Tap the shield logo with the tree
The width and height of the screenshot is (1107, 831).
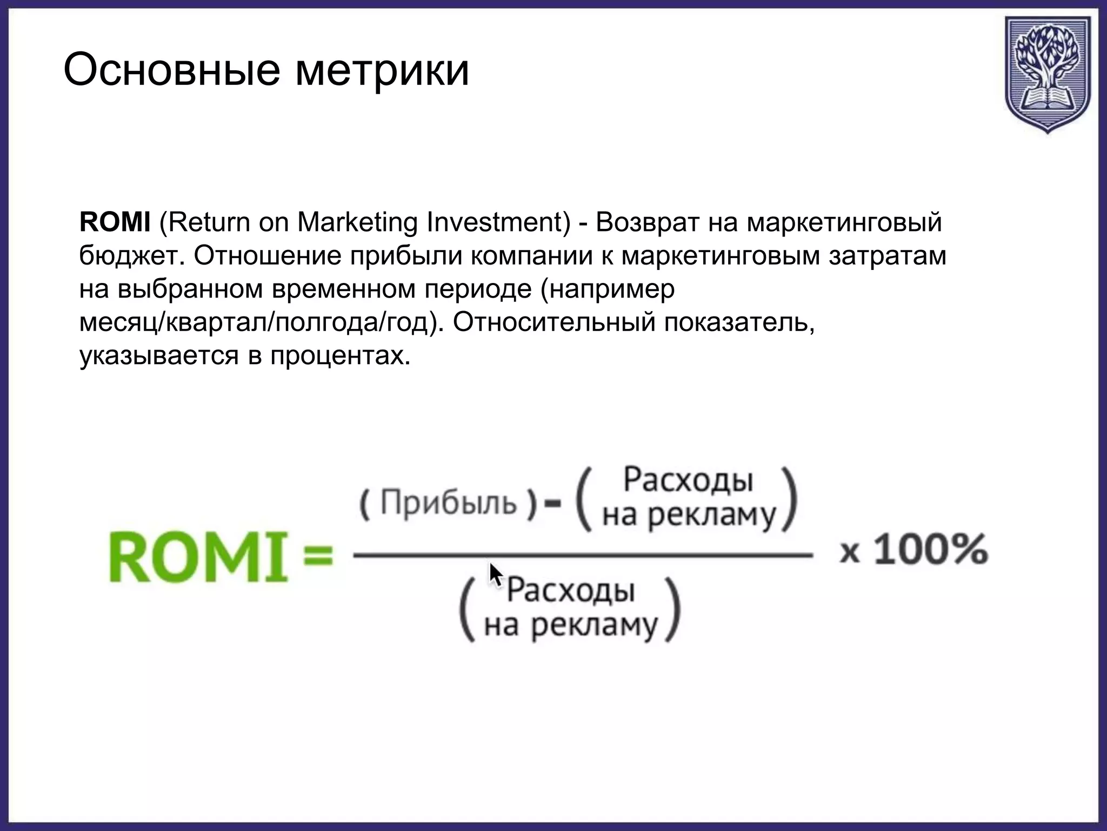click(1047, 74)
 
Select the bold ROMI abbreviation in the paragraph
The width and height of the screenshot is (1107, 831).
click(115, 222)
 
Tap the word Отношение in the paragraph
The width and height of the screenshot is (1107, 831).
click(268, 256)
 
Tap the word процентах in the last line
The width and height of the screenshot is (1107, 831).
click(337, 357)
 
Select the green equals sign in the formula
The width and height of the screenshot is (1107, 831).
click(318, 556)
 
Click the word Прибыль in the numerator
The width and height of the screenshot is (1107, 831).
click(449, 503)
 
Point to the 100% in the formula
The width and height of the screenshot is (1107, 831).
click(931, 551)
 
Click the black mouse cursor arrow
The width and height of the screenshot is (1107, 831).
click(495, 575)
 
